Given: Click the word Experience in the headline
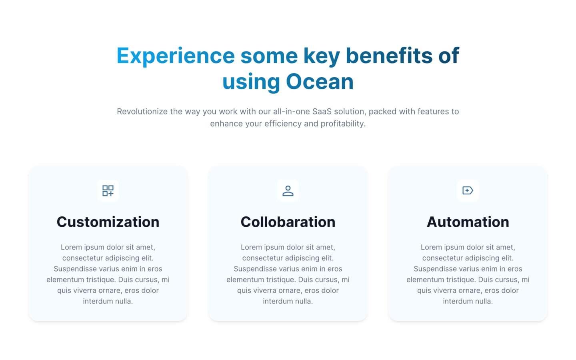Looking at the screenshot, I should [176, 55].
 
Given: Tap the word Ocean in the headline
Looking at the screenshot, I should [320, 82].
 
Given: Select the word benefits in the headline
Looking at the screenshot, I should [389, 55].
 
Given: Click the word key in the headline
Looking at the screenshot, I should [322, 56].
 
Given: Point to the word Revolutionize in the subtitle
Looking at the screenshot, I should [142, 112].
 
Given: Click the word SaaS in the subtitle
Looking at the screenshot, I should [322, 112].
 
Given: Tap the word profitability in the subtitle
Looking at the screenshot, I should [343, 124].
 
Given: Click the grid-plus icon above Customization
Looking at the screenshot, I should [108, 190].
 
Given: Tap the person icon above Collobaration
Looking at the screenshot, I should [288, 190].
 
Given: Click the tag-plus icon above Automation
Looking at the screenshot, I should [468, 190].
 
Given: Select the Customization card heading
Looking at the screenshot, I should [108, 222].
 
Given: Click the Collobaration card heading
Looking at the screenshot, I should [288, 222].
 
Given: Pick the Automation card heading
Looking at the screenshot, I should [468, 222].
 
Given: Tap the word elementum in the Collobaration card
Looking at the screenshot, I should [244, 280].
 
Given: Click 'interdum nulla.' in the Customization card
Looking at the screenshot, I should [108, 301].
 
